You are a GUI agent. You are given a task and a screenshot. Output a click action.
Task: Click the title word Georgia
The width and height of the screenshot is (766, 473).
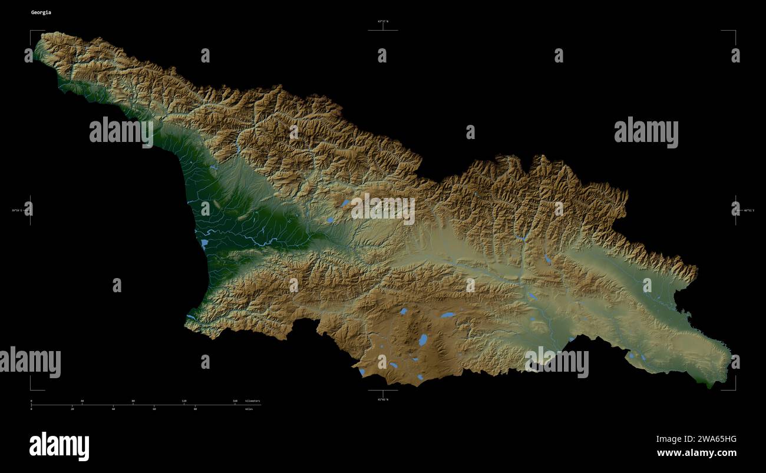click(41, 12)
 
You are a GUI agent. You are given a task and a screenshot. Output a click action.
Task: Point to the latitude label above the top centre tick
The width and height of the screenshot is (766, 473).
click(383, 21)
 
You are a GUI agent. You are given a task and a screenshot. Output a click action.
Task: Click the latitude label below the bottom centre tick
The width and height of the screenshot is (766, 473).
click(383, 399)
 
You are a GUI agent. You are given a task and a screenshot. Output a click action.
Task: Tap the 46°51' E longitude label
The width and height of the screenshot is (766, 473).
click(749, 210)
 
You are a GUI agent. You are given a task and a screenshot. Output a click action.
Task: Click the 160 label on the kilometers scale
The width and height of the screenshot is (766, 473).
click(235, 401)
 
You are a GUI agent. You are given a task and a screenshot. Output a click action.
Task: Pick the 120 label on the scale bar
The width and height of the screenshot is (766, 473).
click(184, 401)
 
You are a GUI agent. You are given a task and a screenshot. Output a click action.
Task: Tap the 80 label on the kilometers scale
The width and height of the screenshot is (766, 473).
click(133, 401)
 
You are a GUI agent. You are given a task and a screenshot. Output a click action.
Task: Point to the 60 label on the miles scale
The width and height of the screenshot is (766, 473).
click(154, 408)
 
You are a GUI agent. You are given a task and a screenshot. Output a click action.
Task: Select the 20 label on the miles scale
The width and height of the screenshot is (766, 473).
click(72, 408)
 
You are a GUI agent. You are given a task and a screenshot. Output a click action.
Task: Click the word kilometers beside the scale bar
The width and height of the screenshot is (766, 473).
click(252, 401)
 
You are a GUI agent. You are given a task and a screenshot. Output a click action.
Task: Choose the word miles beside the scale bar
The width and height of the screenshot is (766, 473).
click(249, 408)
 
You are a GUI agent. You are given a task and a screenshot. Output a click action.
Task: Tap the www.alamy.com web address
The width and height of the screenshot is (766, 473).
click(696, 453)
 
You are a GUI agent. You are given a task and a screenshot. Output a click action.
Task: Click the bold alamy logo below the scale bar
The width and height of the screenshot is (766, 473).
click(59, 446)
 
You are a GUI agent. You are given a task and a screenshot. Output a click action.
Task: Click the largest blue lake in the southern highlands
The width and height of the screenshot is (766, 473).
click(423, 340)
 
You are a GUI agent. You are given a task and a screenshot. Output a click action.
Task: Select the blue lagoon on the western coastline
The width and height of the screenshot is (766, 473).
click(204, 243)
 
